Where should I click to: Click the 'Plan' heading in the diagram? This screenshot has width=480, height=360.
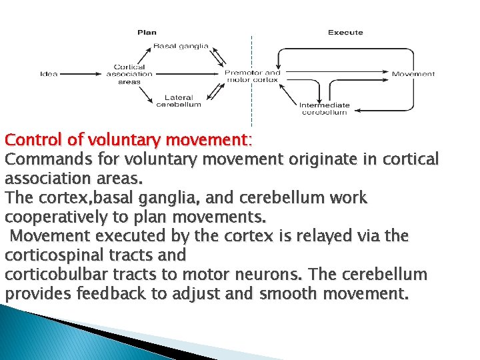tap(147, 32)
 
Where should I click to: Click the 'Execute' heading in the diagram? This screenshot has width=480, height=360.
tap(345, 32)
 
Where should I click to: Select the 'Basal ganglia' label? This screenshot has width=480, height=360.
tap(181, 46)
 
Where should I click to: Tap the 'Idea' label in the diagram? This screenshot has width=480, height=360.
tap(49, 73)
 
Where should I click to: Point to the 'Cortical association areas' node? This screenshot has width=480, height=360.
tap(129, 73)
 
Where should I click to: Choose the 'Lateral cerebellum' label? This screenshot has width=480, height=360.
tap(178, 101)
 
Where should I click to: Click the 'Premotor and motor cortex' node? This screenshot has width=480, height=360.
tap(253, 75)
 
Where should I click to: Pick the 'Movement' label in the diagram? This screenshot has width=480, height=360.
tap(413, 73)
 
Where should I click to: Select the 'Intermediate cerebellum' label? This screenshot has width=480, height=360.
tap(324, 109)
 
